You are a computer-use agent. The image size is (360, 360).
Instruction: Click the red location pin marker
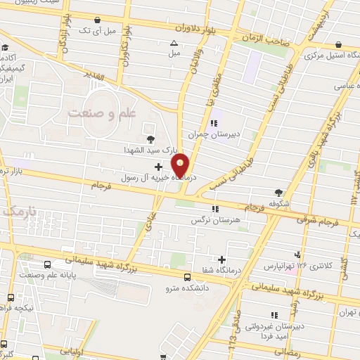coord(181,165)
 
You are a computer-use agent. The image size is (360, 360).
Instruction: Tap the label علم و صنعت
coord(98,112)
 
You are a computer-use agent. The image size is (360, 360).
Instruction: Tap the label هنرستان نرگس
coord(212,220)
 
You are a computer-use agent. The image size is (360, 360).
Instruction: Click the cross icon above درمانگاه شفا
coord(222,260)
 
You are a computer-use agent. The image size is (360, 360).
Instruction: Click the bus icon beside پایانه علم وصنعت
coord(47,265)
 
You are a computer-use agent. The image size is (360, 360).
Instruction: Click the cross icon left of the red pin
coord(157,167)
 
